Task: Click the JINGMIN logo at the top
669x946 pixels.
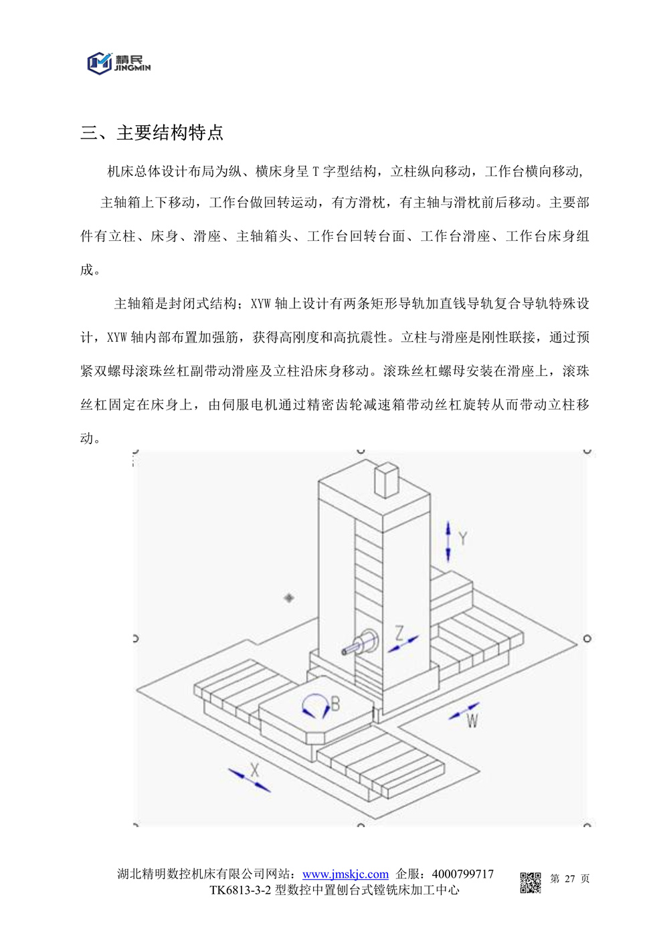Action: point(118,63)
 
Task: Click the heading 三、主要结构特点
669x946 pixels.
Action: point(152,132)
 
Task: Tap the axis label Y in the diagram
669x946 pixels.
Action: point(462,538)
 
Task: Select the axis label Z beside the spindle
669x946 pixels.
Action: point(399,632)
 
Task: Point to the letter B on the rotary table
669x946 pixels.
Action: point(335,704)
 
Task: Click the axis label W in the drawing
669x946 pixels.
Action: point(472,721)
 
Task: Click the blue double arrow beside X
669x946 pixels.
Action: point(249,781)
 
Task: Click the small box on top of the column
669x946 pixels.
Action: point(386,480)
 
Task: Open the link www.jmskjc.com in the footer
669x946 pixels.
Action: point(345,874)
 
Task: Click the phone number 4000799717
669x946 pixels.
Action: point(463,874)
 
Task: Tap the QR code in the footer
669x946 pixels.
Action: point(531,882)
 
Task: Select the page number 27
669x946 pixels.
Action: point(569,878)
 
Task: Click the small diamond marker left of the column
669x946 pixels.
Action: point(289,597)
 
